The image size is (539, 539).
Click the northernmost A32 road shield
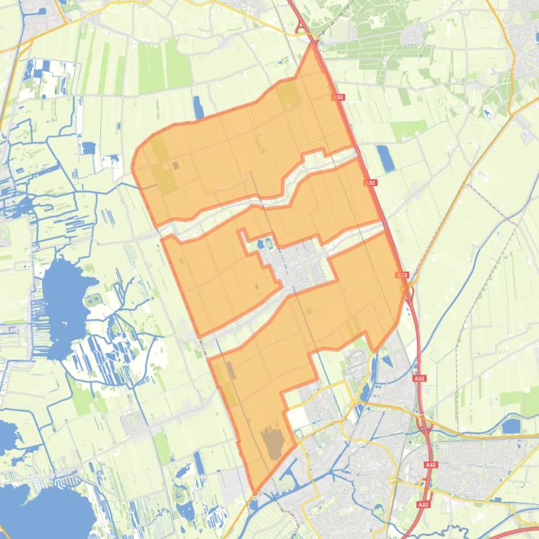(339, 97)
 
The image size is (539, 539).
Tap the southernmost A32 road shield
(422, 504)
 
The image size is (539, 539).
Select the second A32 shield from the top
(370, 183)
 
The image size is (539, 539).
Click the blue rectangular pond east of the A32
(385, 158)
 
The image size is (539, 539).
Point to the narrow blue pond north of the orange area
(198, 107)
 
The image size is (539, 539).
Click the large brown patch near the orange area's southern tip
(273, 444)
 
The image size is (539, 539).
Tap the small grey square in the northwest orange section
(175, 166)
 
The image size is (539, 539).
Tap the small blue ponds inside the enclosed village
(265, 244)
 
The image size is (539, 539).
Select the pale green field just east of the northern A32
(409, 129)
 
